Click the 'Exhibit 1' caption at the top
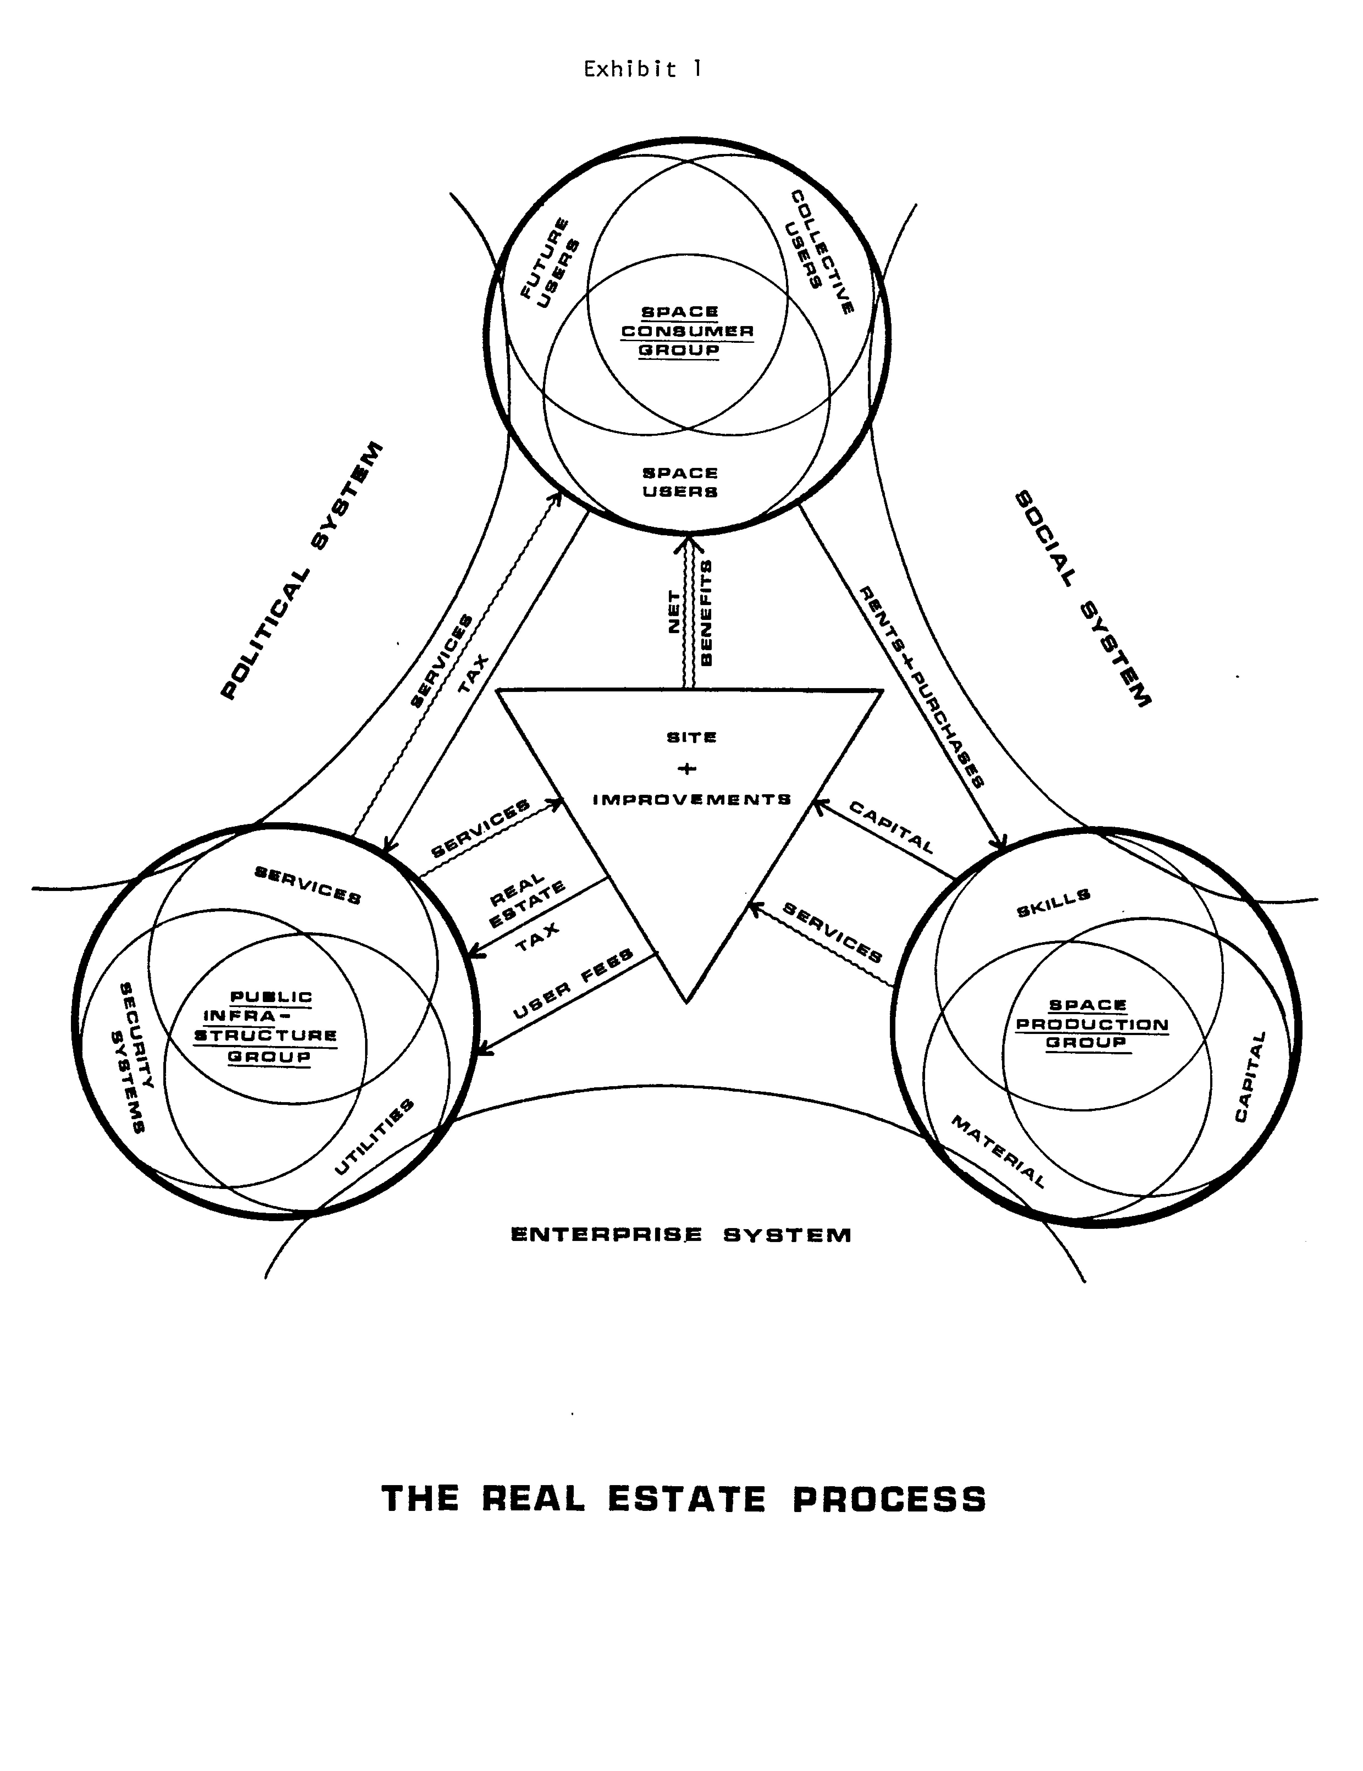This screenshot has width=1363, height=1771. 642,70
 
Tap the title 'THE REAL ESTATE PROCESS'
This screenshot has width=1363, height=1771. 683,1499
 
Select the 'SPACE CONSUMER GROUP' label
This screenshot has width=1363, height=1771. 687,331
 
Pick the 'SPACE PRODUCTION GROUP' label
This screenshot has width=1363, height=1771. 1091,1023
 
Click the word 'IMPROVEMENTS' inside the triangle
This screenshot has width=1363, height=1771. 692,799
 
